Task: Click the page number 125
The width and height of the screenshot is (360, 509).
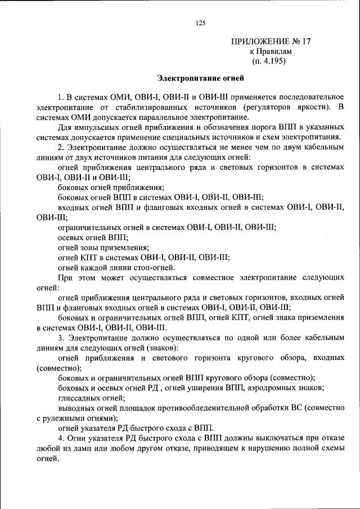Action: coord(200,23)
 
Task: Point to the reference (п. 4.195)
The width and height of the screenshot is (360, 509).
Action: coord(269,61)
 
